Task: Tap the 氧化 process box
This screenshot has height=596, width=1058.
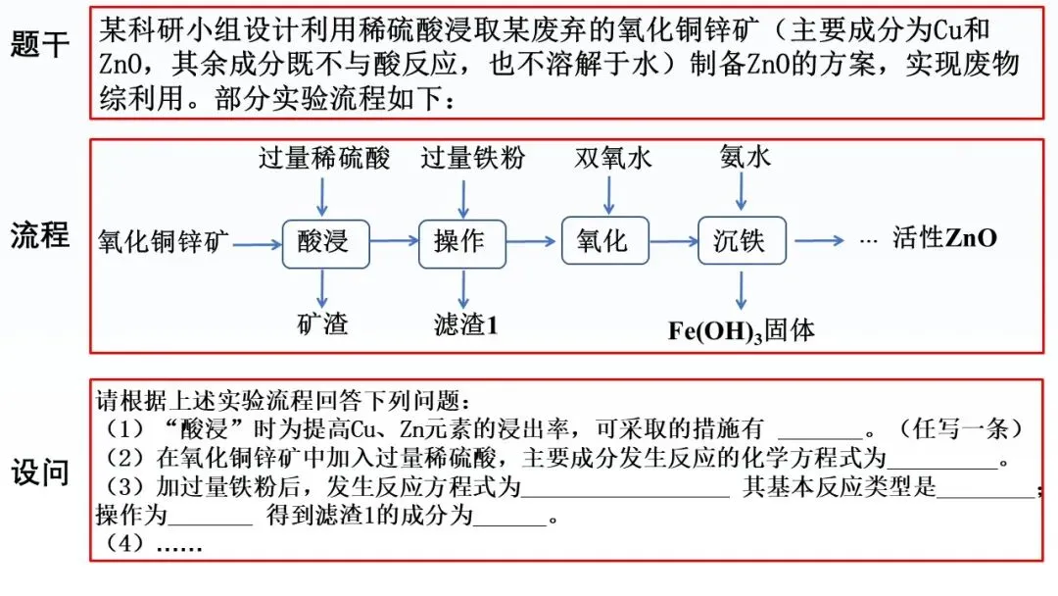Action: [x=604, y=240]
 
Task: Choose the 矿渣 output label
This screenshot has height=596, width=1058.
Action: [x=322, y=323]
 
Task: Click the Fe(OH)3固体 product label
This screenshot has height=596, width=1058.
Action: [x=742, y=329]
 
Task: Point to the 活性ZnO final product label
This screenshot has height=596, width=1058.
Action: [x=944, y=238]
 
